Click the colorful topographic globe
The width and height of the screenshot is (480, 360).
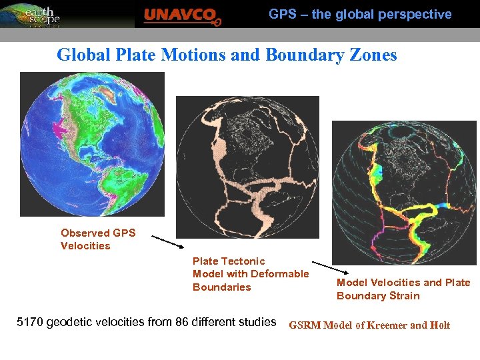pos(92,144)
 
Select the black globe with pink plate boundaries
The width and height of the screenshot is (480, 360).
pos(247,167)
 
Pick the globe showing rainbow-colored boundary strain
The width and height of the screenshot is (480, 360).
pos(405,192)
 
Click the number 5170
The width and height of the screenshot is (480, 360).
pos(29,323)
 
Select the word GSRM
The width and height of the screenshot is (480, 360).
pos(305,326)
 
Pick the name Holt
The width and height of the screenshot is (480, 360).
pos(440,326)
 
